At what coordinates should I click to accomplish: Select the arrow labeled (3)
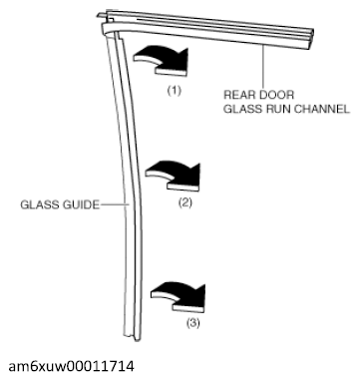tap(178, 294)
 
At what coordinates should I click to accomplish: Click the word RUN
tap(280, 110)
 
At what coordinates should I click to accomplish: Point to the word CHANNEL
tap(326, 110)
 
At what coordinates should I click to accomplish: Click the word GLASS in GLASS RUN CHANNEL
tap(241, 110)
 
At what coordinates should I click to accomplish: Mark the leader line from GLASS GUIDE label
tap(113, 205)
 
